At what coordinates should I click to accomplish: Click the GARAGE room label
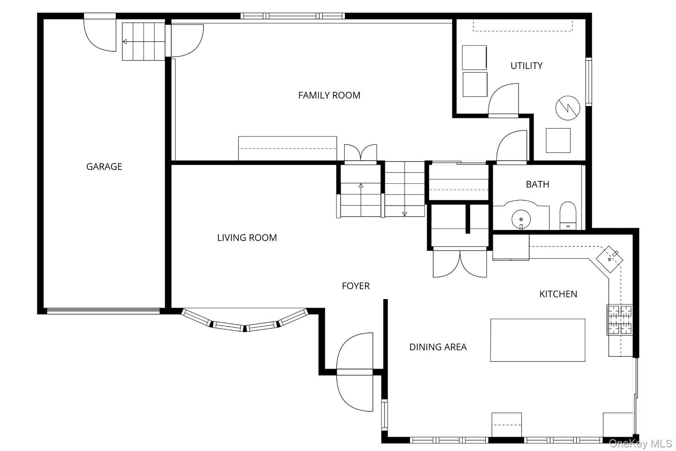[x=104, y=166]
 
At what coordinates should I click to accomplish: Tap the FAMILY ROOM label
[x=329, y=95]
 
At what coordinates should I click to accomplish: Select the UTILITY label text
[x=526, y=66]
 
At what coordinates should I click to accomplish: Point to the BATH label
[x=537, y=184]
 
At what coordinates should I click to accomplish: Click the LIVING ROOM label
[x=247, y=238]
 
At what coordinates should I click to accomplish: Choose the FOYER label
[x=356, y=286]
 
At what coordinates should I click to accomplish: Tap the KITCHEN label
[x=558, y=294]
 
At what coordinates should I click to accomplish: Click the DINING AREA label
[x=438, y=347]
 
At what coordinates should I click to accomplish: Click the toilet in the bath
[x=568, y=215]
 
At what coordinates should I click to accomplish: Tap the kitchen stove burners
[x=620, y=319]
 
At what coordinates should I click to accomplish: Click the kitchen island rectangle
[x=538, y=340]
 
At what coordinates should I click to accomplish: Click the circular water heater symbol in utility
[x=568, y=108]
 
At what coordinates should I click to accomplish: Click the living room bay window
[x=245, y=321]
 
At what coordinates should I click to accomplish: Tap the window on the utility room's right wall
[x=589, y=81]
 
